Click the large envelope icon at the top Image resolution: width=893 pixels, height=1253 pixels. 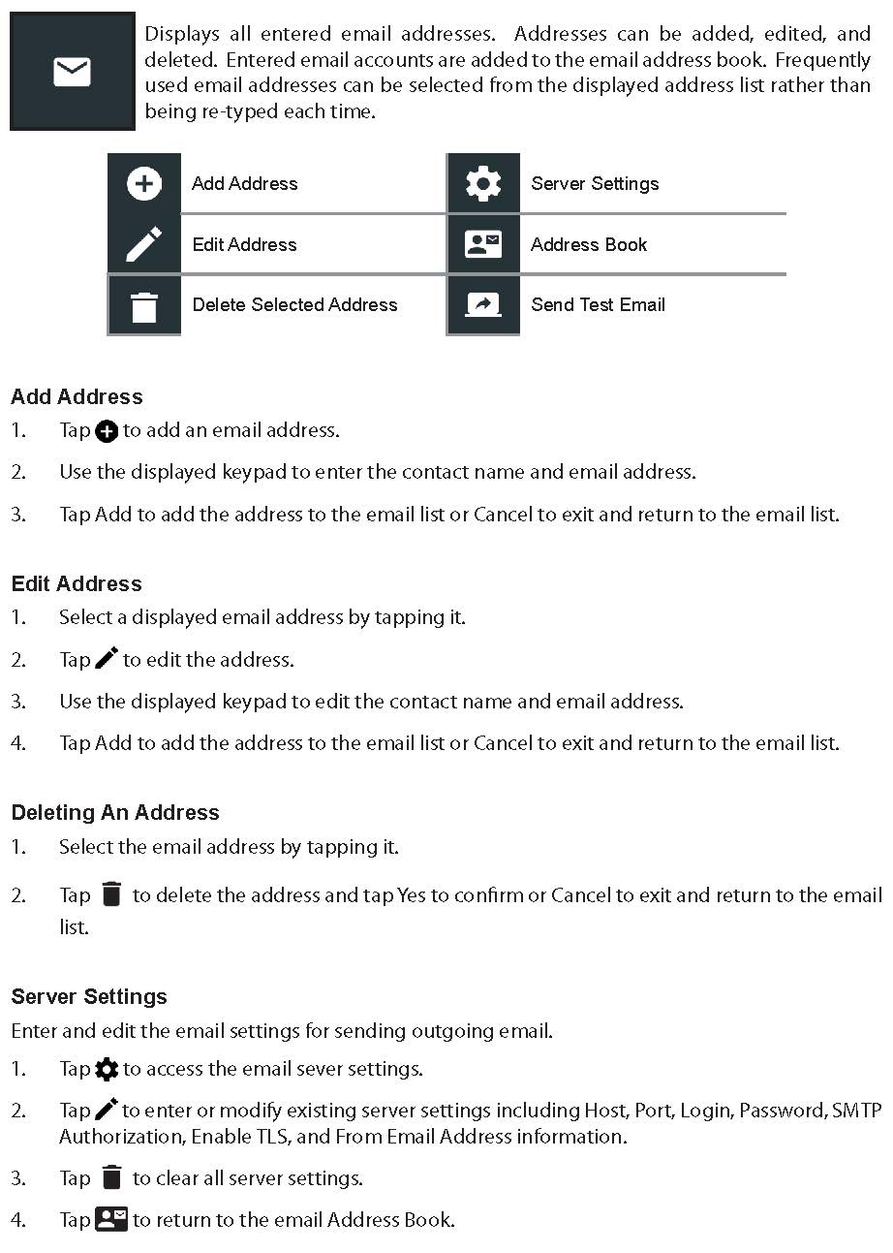pos(72,72)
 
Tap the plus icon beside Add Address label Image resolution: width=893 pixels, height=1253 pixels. pos(144,183)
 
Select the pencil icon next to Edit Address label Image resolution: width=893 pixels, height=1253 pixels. pos(144,244)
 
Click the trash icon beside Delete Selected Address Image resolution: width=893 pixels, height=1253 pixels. pos(144,306)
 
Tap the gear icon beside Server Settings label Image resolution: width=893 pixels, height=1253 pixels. pos(483,183)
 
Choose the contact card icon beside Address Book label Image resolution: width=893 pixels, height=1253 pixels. pos(483,244)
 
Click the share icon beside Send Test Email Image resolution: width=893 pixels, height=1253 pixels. pos(483,305)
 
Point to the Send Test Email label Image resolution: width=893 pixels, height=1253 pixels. pos(598,305)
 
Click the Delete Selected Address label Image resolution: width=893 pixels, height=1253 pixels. pos(294,305)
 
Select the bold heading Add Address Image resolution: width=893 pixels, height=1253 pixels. pos(77,396)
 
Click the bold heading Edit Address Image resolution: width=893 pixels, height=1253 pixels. pos(77,583)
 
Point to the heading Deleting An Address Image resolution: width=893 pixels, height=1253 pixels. pos(115,812)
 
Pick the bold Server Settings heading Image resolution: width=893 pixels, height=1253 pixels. pos(89,996)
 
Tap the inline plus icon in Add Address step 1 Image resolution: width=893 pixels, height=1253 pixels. pos(107,431)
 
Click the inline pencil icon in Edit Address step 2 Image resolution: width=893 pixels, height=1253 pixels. pos(107,659)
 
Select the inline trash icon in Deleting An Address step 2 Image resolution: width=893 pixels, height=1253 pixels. pos(111,894)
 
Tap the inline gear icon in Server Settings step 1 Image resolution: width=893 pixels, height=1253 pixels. pos(107,1069)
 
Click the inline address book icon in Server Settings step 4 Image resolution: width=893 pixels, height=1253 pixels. pos(111,1219)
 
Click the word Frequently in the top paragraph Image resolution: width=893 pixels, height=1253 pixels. pos(822,59)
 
